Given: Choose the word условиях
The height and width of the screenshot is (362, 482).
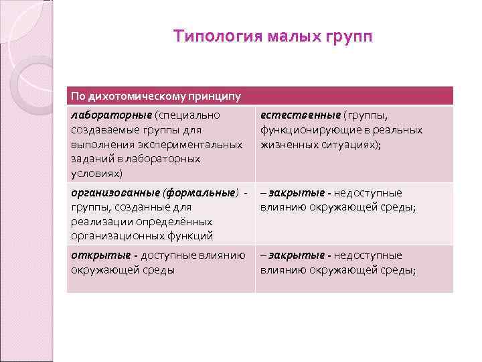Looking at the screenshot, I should point(96,174).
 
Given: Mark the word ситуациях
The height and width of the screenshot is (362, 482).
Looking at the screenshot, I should point(347,144).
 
